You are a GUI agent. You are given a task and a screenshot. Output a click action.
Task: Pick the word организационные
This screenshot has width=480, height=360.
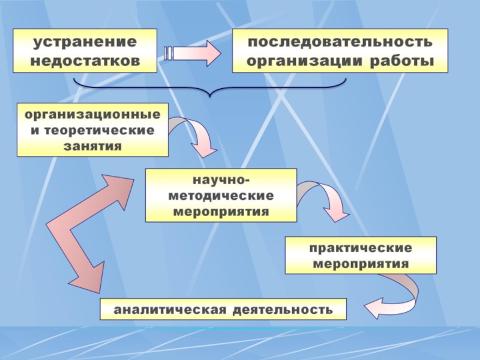[92, 114]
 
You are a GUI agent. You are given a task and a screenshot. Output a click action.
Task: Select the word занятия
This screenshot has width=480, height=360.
[92, 145]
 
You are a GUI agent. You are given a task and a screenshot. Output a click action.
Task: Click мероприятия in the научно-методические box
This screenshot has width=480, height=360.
[221, 211]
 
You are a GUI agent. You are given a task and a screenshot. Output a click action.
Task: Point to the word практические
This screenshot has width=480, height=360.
[361, 248]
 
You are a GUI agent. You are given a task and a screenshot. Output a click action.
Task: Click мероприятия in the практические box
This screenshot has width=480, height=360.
[361, 263]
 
